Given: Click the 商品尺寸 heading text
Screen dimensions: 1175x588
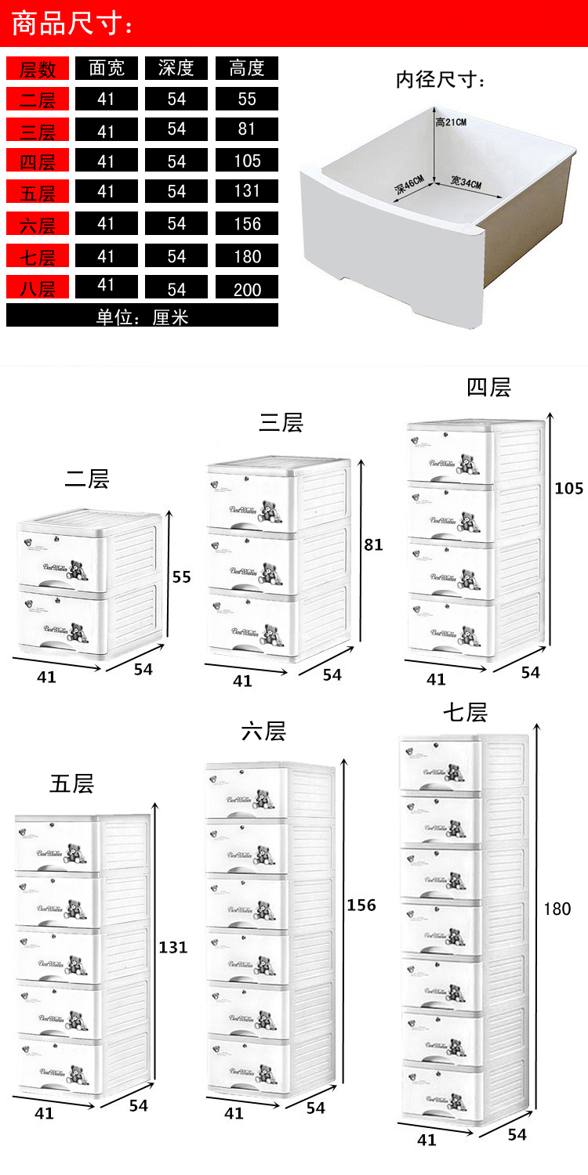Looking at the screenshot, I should tap(73, 23).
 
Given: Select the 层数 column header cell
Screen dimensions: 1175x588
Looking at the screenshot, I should tap(38, 68).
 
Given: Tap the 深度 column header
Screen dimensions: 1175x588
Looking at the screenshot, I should tap(176, 68).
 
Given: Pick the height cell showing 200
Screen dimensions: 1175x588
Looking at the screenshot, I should tap(247, 289).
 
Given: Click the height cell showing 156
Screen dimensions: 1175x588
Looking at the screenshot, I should tap(247, 224).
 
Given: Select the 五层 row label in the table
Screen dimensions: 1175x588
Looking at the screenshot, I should tap(38, 193).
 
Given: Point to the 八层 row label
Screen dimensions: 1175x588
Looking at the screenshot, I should tap(38, 288).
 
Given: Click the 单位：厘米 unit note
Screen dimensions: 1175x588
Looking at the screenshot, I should tap(142, 316).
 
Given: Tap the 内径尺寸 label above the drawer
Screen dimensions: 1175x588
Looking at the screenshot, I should tap(441, 80).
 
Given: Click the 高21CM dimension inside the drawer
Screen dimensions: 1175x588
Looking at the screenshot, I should tap(451, 122).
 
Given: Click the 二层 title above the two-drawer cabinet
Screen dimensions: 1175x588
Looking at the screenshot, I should tap(86, 478).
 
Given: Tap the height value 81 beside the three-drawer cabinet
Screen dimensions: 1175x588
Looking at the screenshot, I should tap(373, 544).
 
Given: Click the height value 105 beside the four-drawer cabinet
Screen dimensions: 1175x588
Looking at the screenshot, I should tap(568, 488).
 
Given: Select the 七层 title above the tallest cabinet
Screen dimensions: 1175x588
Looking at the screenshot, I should tap(465, 712).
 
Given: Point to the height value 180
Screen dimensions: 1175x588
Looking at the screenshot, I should tap(557, 909).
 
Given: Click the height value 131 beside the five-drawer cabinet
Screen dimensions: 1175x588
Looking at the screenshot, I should tap(172, 947).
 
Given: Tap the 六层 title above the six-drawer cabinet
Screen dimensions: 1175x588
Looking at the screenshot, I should tap(263, 732).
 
